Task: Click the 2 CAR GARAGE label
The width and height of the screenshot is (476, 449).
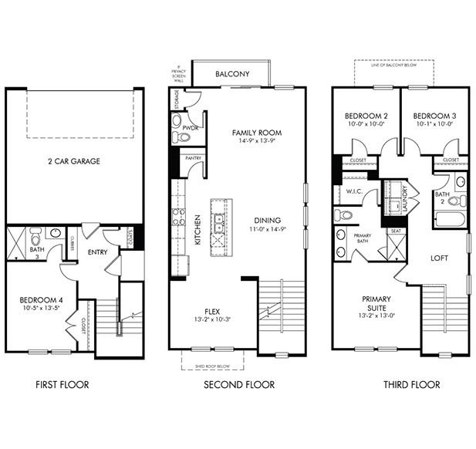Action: pos(74,161)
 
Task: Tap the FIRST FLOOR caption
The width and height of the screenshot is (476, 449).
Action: pos(62,384)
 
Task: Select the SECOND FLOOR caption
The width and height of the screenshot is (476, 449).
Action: pos(238,384)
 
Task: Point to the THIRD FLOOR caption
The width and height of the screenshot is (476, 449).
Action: pos(411,384)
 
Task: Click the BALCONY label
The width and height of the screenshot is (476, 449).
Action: pos(232,75)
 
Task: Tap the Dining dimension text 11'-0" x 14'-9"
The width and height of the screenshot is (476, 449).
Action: pos(267,229)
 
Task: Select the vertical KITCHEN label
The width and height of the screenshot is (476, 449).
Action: pos(198,229)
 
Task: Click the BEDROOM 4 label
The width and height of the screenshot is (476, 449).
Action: pos(38,302)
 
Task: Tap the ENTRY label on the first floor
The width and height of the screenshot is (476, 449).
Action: pos(97,252)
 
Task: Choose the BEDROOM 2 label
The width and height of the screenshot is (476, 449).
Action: pos(365,116)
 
